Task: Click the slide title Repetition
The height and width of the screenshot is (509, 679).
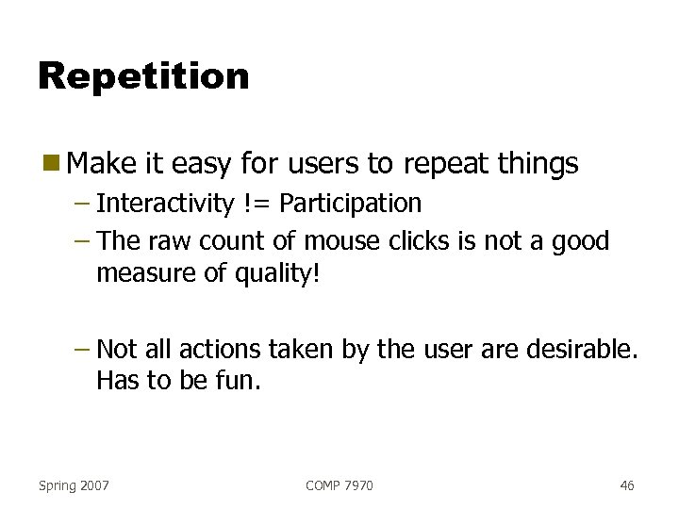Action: pos(143,76)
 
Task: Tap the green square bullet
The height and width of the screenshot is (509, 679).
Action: pos(50,164)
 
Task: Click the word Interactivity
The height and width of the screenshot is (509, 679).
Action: pos(165,204)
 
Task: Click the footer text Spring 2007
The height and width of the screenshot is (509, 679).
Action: pos(74,485)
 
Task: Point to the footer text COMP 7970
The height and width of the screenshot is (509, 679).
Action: pos(339,485)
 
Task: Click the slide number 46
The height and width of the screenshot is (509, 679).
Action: pos(627,485)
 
